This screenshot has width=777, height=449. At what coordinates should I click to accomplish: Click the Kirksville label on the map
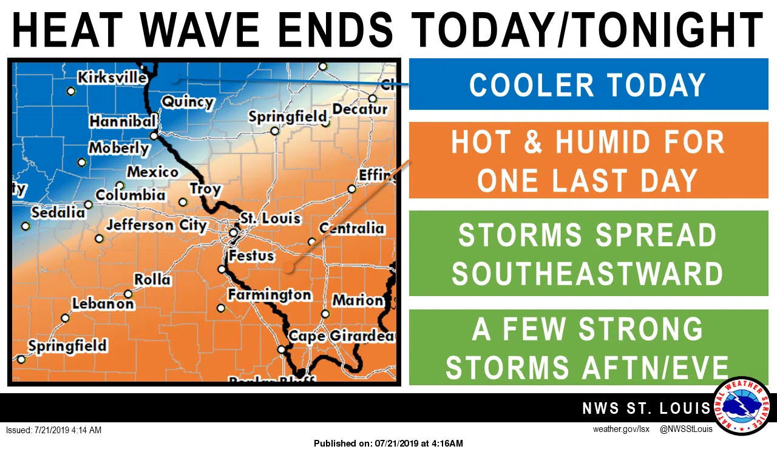(112, 78)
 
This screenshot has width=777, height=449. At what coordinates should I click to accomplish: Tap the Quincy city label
(188, 101)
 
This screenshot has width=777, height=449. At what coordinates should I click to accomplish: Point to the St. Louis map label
(270, 217)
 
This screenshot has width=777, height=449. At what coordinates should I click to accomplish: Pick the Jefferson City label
(157, 225)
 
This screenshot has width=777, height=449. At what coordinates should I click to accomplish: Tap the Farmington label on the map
(270, 295)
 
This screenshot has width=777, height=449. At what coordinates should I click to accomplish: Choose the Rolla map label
(152, 280)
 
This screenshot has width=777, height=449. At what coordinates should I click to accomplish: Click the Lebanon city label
(103, 303)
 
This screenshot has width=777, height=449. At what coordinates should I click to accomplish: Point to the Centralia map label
(352, 228)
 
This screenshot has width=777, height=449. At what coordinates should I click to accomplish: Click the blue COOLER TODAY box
(588, 84)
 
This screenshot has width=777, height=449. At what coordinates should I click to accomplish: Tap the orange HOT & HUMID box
(588, 161)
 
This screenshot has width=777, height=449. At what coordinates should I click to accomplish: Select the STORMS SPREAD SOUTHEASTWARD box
(588, 254)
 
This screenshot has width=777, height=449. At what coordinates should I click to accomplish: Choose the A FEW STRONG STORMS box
(588, 347)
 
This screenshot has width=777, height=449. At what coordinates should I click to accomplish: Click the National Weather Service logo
(741, 405)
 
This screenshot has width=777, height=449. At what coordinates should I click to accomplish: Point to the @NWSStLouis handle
(686, 430)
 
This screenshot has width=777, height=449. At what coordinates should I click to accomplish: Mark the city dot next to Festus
(222, 269)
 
